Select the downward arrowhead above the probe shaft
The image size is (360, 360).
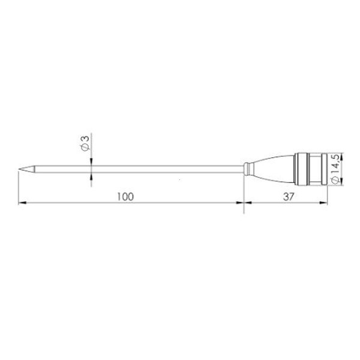click(x=91, y=160)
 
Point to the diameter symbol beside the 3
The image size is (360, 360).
click(x=85, y=148)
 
